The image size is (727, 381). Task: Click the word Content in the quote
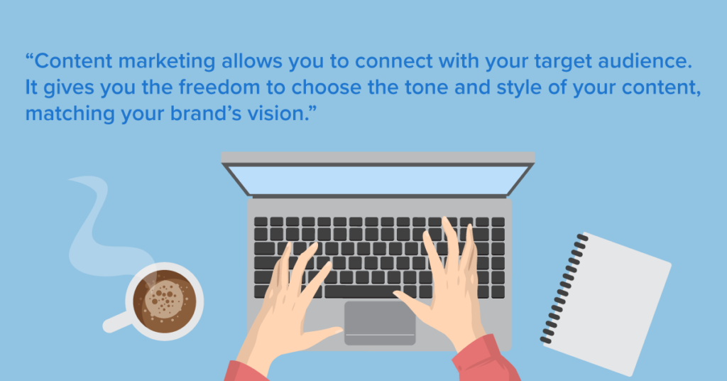73,61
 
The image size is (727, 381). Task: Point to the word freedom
219,87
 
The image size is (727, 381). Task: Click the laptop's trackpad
380,323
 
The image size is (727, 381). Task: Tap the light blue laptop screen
378,180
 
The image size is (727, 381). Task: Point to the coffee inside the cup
165,301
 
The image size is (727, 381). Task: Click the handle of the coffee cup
116,322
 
